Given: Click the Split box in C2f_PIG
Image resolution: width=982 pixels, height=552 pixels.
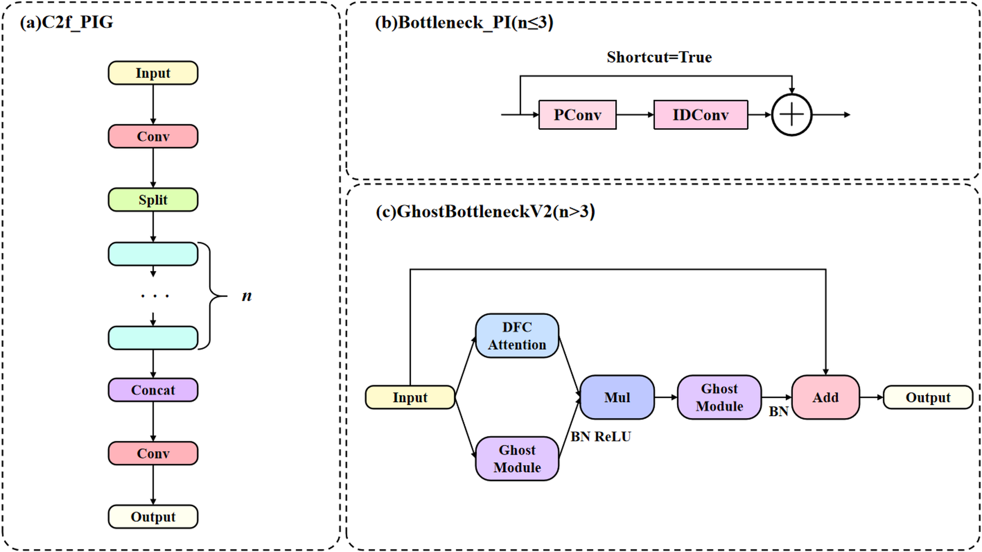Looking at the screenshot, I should (x=153, y=200).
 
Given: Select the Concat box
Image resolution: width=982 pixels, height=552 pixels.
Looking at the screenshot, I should (x=153, y=390).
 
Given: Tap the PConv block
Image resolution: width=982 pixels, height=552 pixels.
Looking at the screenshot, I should (x=577, y=115).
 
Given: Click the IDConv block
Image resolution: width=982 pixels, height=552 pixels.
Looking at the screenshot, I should (x=700, y=115).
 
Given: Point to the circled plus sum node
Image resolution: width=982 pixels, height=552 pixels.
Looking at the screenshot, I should (x=791, y=115).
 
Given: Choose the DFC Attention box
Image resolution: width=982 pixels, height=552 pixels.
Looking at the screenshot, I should (x=517, y=336).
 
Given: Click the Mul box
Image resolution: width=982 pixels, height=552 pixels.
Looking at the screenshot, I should (x=617, y=397).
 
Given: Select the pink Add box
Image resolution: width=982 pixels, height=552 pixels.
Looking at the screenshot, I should (x=826, y=397).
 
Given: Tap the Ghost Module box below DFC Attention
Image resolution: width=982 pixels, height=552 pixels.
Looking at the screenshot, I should (x=517, y=459).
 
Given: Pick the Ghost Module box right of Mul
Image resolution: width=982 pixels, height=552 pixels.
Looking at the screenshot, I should (x=719, y=397).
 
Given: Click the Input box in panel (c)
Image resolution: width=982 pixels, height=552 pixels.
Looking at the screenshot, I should (x=410, y=397).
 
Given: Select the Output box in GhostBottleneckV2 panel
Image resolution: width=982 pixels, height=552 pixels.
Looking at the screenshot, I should (x=928, y=397).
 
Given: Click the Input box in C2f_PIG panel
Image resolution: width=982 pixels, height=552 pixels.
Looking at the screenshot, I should (x=153, y=73).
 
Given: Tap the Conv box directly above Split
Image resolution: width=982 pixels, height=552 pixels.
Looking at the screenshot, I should (x=153, y=136).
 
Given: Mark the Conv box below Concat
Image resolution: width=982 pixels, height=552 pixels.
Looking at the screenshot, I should (x=153, y=453).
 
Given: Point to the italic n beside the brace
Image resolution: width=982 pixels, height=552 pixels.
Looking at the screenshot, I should (x=246, y=296).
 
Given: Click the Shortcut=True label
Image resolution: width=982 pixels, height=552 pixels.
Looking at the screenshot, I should (x=659, y=57).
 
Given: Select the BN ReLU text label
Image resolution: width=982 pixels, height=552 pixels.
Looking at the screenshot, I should (x=601, y=437).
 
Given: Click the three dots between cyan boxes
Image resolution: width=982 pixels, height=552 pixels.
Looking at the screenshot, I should (x=155, y=296).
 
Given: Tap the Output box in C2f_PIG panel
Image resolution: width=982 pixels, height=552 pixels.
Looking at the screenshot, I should (x=153, y=517).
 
